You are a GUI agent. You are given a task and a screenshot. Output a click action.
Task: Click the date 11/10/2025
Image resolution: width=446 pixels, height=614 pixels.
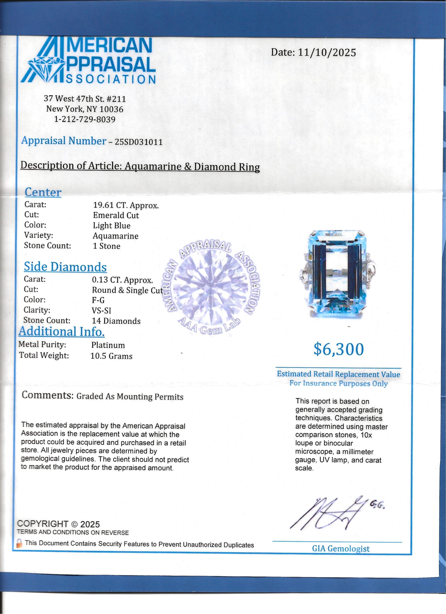point(327,52)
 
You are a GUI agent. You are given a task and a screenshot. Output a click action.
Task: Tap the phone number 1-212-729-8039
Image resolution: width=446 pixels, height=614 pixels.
point(85,119)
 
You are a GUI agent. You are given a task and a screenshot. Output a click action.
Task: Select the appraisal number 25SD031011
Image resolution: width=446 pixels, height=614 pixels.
point(139,142)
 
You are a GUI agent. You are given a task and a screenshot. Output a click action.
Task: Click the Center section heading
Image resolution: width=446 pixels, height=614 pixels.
point(43,192)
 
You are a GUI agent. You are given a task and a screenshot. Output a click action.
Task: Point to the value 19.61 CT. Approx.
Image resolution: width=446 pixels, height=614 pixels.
point(126,206)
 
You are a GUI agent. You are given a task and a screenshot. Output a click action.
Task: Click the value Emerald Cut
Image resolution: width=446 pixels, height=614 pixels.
point(116,216)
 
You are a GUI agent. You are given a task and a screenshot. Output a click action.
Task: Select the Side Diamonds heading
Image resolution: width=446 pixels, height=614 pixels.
point(65,267)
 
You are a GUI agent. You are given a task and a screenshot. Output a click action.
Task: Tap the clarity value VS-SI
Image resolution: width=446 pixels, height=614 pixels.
point(102,311)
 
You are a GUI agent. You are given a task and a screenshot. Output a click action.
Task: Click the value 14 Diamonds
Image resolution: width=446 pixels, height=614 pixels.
point(116,321)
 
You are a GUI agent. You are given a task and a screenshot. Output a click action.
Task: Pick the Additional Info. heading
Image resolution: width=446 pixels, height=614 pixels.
point(62,332)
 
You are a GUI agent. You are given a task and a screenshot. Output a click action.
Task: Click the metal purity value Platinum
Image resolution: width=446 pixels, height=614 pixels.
point(108,345)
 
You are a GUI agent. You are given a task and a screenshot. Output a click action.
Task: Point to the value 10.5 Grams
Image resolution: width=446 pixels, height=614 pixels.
point(111,356)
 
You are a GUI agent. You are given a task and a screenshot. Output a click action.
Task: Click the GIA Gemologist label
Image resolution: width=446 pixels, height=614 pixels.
point(341,548)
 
